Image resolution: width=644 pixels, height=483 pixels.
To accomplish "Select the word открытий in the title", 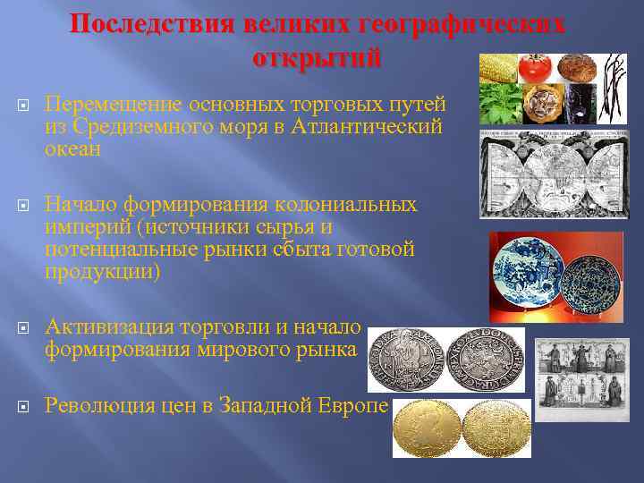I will (318, 58).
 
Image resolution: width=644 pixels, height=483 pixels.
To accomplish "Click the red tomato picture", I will (538, 68).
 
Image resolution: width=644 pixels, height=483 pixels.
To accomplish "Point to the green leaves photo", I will (498, 106).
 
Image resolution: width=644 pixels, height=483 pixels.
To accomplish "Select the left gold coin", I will (426, 428).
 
